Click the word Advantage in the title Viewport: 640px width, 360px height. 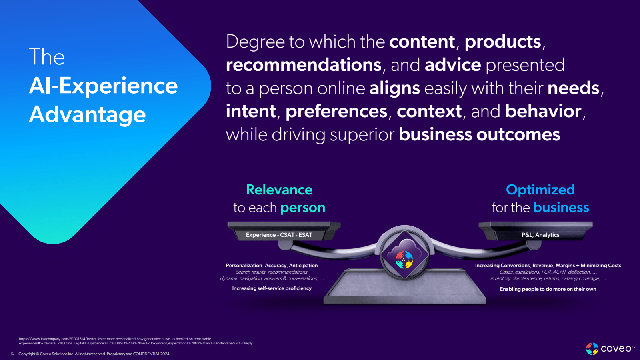coord(88,115)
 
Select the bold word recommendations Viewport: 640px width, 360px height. coord(304,65)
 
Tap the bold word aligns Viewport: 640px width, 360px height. coord(394,88)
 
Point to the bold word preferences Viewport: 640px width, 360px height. coord(336,111)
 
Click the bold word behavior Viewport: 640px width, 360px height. coord(543,111)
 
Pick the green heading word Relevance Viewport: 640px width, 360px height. coord(279,190)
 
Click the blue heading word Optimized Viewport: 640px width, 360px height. coord(540,190)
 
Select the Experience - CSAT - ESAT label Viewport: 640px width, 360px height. coord(279,235)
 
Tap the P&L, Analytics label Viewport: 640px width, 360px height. coord(540,235)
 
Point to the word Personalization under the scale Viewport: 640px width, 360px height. coord(244,266)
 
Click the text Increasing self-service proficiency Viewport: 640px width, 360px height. coord(272,288)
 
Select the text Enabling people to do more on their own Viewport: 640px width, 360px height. coord(548,289)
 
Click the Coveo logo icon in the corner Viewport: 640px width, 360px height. coord(592,349)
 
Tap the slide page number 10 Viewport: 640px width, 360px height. coord(12,354)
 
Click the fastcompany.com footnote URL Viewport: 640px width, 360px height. coord(136,341)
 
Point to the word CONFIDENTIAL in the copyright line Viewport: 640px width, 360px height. coord(146,354)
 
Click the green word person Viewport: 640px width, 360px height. coord(303,208)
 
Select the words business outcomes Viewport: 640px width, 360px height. coord(480,134)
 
